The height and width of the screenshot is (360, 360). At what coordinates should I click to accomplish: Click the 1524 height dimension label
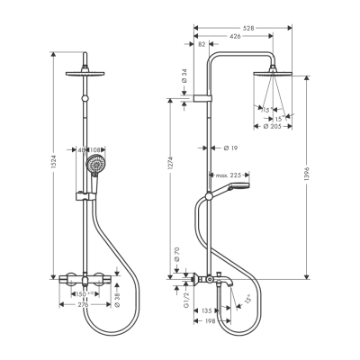[x=55, y=168]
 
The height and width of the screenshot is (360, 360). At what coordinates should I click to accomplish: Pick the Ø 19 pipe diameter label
[x=228, y=146]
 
